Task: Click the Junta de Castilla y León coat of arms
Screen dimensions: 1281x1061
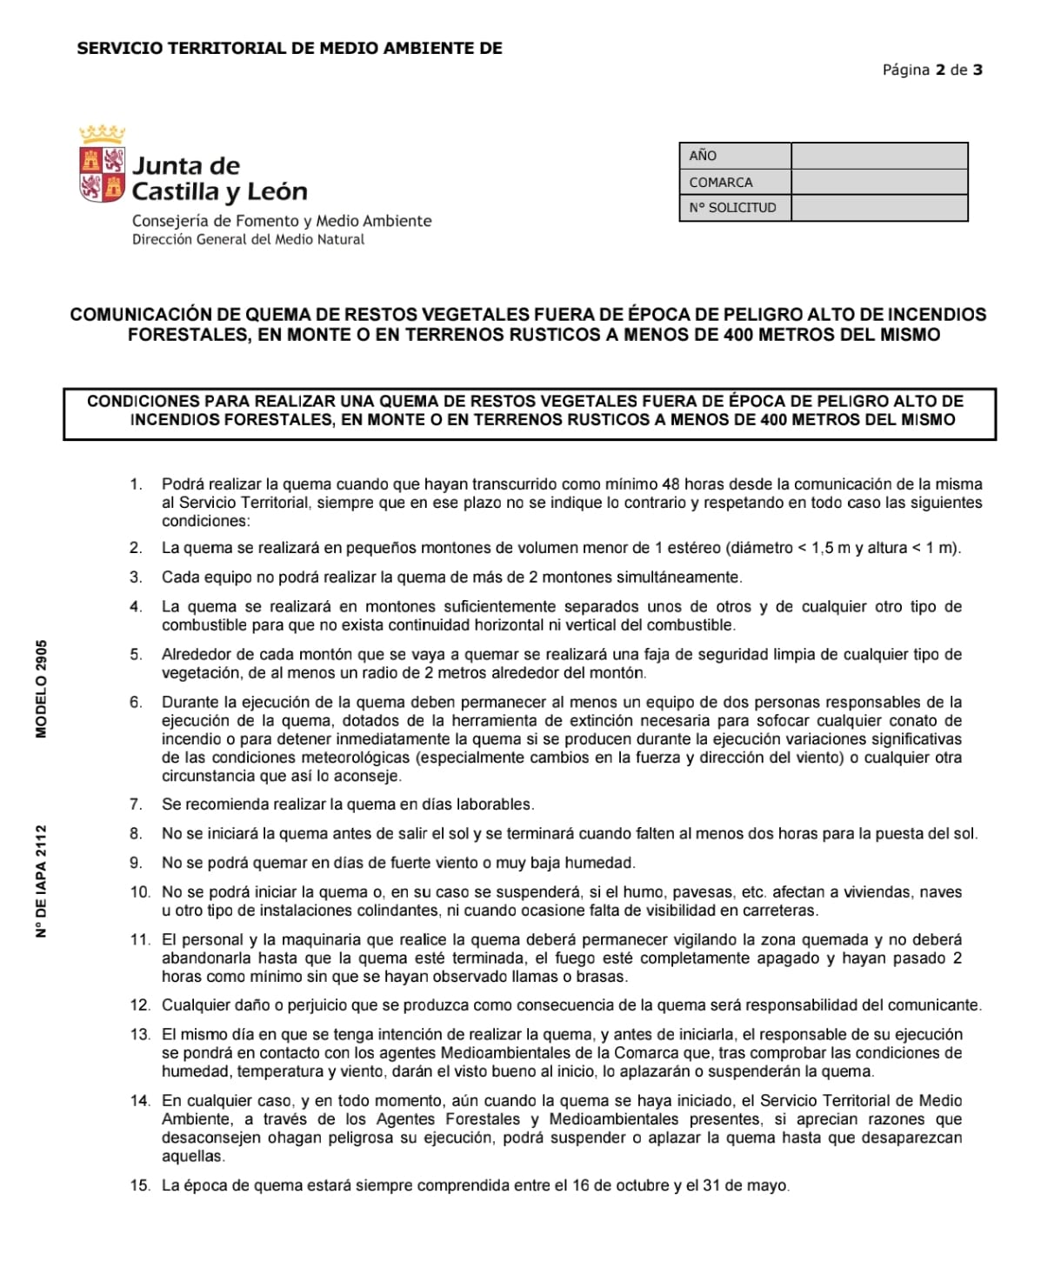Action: coord(102,165)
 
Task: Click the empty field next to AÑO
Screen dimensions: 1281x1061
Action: coord(878,156)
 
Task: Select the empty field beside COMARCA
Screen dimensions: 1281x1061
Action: coord(878,182)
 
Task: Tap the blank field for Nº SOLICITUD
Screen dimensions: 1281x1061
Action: coord(878,208)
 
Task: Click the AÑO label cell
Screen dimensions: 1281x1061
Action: coord(735,156)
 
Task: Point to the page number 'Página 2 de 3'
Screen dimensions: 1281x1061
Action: coord(932,70)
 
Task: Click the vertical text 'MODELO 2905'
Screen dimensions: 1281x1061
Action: coord(41,689)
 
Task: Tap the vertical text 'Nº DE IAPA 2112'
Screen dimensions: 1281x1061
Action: coord(41,880)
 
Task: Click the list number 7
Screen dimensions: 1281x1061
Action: coord(136,804)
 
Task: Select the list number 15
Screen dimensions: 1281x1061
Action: coord(139,1185)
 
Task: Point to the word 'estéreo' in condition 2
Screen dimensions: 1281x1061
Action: coord(696,548)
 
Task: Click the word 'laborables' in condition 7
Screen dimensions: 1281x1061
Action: coord(493,804)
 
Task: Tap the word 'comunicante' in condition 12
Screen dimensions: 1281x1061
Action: coord(937,1005)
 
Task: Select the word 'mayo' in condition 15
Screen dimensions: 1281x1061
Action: coord(769,1185)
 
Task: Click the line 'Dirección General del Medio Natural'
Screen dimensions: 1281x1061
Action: coord(248,240)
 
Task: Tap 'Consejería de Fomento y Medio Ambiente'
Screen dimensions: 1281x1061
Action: coord(282,221)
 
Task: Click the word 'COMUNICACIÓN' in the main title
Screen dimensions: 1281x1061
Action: coord(141,315)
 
